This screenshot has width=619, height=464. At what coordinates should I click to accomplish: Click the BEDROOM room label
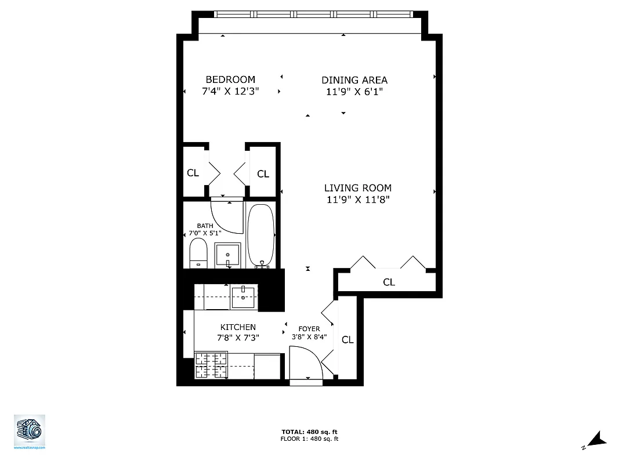[x=230, y=79]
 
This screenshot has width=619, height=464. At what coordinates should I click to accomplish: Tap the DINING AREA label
[x=354, y=80]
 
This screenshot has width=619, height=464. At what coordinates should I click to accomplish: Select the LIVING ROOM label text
[x=357, y=188]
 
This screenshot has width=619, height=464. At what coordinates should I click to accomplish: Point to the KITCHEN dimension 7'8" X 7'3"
[x=238, y=338]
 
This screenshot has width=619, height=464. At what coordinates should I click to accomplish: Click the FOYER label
[x=309, y=329]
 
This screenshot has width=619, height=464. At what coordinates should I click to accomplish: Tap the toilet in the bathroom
[x=198, y=253]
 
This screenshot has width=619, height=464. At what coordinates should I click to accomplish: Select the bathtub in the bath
[x=260, y=235]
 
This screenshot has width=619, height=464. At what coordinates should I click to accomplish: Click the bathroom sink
[x=228, y=255]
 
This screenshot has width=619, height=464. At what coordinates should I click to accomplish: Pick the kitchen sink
[x=244, y=298]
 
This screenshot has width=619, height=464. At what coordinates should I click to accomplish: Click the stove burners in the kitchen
[x=211, y=365]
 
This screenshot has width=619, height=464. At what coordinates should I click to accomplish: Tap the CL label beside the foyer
[x=347, y=340]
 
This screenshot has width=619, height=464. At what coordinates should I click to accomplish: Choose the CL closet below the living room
[x=389, y=282]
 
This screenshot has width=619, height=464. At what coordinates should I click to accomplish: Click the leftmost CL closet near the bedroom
[x=193, y=173]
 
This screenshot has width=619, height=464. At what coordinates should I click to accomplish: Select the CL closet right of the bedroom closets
[x=263, y=173]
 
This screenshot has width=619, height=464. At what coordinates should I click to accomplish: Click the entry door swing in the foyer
[x=306, y=362]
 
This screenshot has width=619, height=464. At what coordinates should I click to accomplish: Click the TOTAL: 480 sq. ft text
[x=309, y=432]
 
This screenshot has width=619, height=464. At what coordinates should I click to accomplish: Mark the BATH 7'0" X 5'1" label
[x=205, y=229]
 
